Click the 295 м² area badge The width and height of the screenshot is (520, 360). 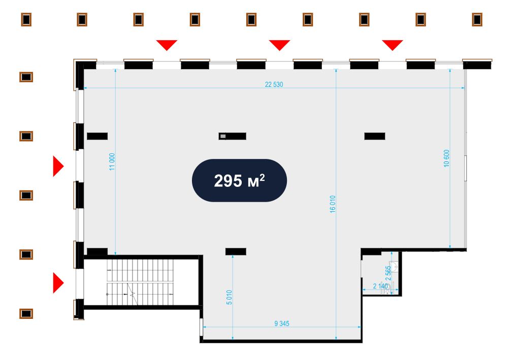239,180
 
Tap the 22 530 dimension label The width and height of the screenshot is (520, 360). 274,84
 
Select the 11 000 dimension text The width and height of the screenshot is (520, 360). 112,162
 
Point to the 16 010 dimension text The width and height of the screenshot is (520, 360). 333,204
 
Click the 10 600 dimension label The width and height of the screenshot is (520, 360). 446,158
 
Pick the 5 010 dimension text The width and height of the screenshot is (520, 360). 229,298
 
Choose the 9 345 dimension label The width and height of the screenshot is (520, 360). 282,323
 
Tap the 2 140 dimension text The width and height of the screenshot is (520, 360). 380,286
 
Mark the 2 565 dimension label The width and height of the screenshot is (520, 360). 388,273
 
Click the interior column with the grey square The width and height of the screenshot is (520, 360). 232,136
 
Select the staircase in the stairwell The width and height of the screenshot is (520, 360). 140,282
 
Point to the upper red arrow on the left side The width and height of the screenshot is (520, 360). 58,166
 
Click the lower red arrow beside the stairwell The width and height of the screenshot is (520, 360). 58,283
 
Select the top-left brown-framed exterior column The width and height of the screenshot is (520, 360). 26,20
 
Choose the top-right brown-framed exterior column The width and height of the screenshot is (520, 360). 477,20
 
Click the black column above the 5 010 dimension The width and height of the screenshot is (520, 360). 236,252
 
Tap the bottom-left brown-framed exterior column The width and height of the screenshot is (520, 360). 26,314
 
